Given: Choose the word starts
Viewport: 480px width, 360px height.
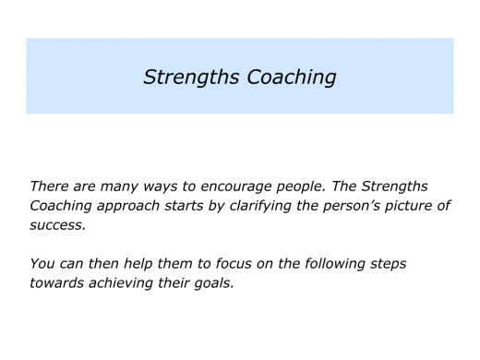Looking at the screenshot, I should tap(196, 205).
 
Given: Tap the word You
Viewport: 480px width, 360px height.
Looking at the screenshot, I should tap(43, 263).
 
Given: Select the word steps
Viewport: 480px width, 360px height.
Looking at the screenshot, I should tap(386, 264).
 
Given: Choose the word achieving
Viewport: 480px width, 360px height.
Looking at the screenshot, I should tap(130, 282).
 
